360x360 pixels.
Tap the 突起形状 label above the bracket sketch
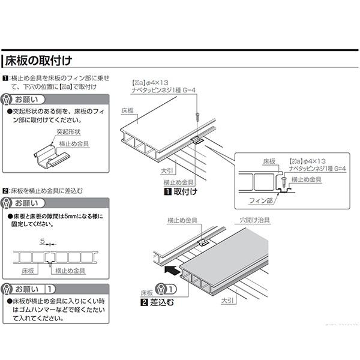pyautogui.click(x=68, y=131)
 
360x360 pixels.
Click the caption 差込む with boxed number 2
pyautogui.click(x=157, y=302)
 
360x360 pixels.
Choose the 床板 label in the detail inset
pyautogui.click(x=268, y=161)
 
